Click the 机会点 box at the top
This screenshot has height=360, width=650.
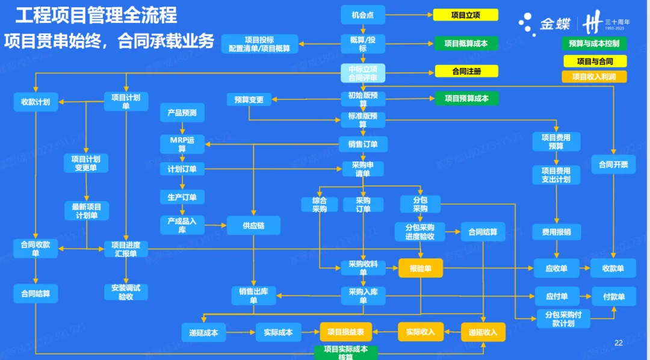[x=362, y=16]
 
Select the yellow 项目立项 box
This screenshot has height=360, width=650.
[x=465, y=16]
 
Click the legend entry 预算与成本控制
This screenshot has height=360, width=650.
[x=593, y=43]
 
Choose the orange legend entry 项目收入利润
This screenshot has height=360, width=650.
[x=593, y=77]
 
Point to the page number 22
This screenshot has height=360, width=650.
[x=618, y=343]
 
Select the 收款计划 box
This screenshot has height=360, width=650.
[x=36, y=102]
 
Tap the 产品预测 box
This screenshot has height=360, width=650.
[x=182, y=113]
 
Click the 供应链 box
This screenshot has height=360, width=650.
[x=253, y=226]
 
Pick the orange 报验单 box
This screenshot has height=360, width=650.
[x=420, y=268]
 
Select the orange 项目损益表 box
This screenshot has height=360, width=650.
[x=345, y=332]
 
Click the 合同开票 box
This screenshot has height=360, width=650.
[x=613, y=164]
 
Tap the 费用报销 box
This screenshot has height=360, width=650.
[x=556, y=232]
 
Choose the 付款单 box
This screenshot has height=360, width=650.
[x=613, y=296]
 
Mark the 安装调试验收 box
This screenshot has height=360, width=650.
[x=126, y=292]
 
